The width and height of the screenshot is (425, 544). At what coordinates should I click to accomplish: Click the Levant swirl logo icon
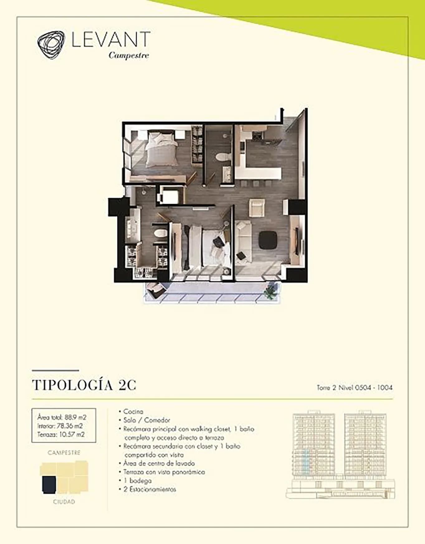click(x=51, y=45)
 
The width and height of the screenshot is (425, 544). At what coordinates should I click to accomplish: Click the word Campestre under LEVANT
click(x=129, y=55)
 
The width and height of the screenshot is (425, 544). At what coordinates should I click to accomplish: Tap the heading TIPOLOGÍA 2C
click(x=84, y=385)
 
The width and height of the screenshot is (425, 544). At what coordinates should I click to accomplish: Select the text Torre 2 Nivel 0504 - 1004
click(x=355, y=388)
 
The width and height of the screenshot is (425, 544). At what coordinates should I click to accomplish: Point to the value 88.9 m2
click(x=75, y=417)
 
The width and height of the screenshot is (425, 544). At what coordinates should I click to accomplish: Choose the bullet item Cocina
click(x=133, y=412)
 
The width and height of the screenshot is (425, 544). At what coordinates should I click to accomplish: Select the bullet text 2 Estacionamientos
click(x=150, y=489)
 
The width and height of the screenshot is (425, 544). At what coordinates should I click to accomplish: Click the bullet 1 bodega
click(x=137, y=481)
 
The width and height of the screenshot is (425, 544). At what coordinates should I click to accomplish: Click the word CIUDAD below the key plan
click(x=64, y=502)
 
